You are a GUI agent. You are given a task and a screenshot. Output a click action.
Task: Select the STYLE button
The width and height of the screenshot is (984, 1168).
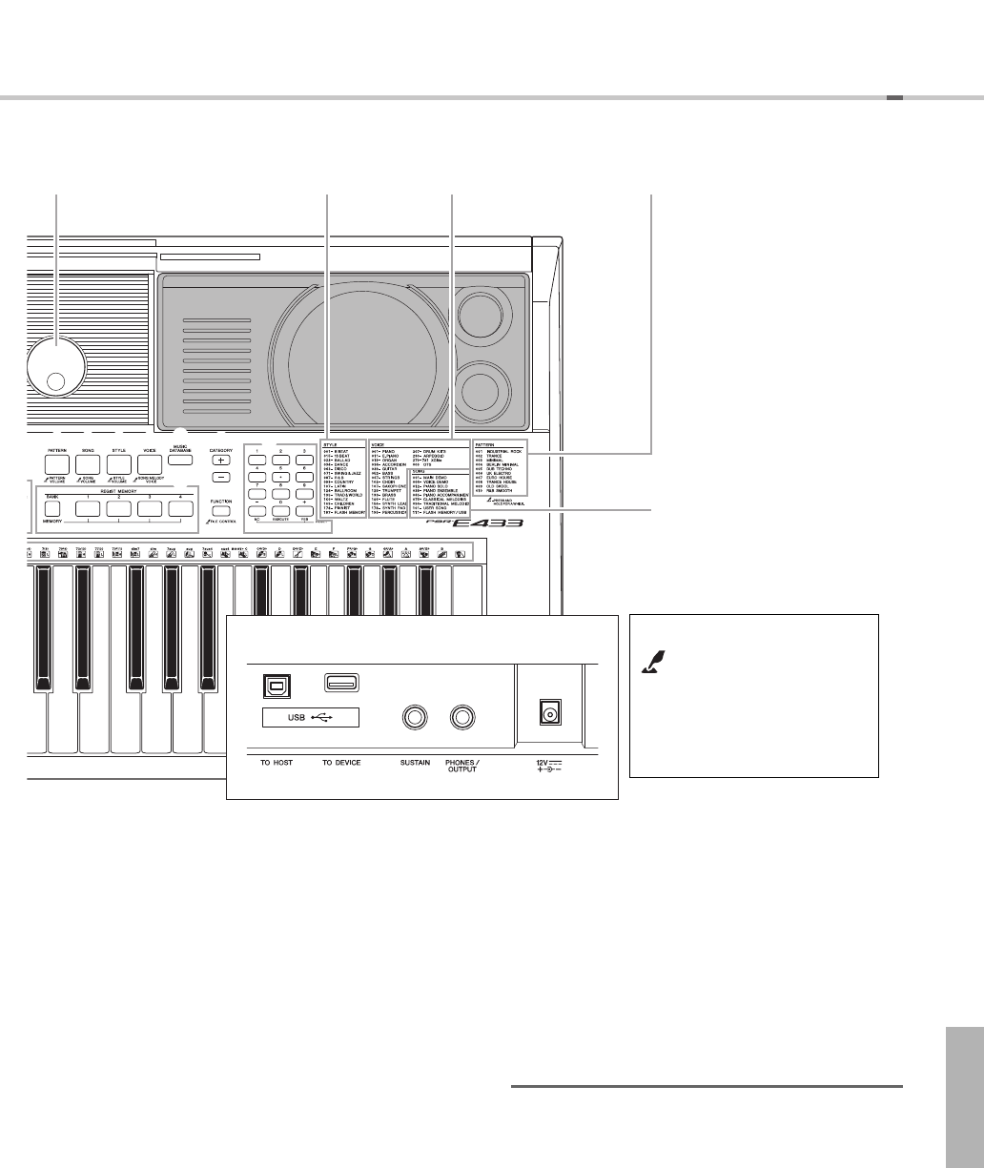[118, 464]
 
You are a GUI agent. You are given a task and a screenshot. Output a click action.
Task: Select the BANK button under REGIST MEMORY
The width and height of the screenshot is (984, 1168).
[51, 509]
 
